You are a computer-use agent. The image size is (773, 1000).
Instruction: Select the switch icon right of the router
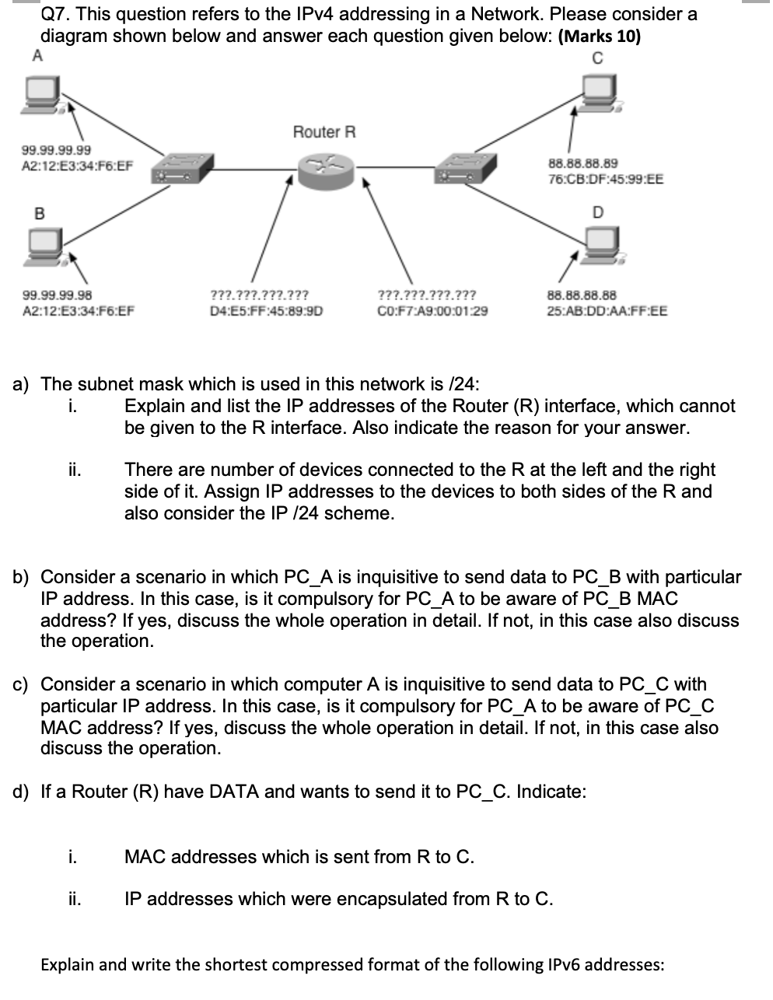point(465,166)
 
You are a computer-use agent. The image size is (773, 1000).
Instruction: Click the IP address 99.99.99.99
point(56,150)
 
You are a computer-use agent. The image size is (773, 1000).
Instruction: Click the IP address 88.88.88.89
point(583,163)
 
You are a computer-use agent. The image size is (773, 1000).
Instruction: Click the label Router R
point(324,131)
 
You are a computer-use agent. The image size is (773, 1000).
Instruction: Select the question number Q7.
point(55,14)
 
